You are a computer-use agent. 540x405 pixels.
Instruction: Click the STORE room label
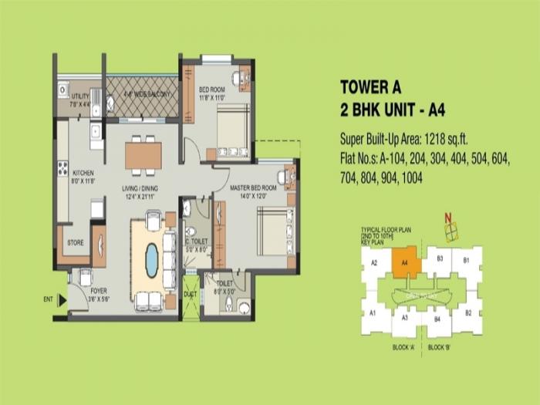tap(75, 243)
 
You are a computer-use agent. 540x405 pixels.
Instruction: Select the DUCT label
tap(190, 293)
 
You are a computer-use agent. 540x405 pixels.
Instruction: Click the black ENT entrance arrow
tap(60, 299)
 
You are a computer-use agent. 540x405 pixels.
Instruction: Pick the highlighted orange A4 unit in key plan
tap(404, 262)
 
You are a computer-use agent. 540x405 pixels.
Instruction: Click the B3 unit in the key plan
tap(439, 258)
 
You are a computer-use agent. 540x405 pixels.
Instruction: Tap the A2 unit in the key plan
tap(374, 263)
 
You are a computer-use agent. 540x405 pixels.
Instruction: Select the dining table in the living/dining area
tap(143, 155)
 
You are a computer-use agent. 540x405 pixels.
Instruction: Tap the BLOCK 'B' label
tap(440, 347)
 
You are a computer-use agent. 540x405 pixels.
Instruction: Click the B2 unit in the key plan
tap(467, 312)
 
